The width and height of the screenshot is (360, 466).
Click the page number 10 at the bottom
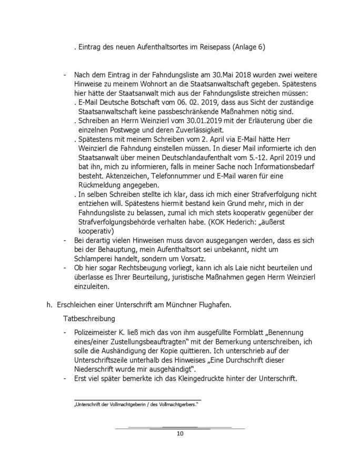click(x=180, y=433)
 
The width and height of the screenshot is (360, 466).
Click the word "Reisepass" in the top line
click(x=211, y=47)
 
